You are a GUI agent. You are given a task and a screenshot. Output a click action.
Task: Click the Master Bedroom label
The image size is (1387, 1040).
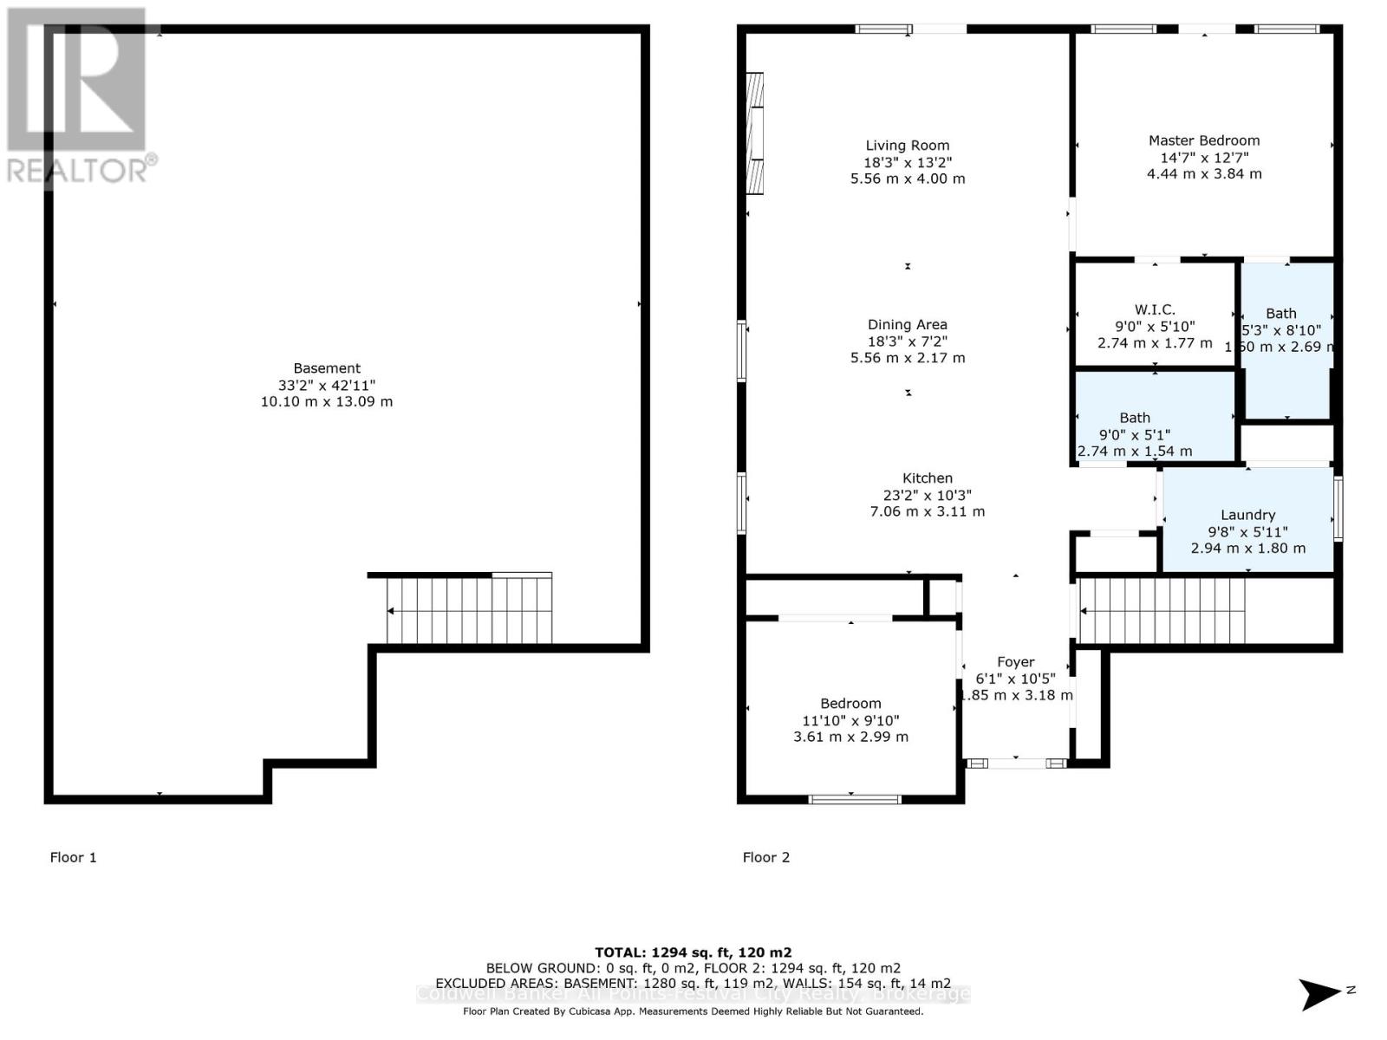(x=1204, y=140)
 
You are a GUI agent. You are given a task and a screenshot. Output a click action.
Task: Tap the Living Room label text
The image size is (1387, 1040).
(x=908, y=146)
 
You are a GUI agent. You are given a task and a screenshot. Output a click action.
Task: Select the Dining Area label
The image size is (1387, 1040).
(x=908, y=325)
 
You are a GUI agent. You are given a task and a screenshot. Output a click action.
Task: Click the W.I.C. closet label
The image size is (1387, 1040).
(x=1155, y=309)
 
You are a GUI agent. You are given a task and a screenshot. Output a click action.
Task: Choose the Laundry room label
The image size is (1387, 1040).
(x=1247, y=515)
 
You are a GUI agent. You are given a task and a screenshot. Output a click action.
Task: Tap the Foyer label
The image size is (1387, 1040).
(x=1015, y=662)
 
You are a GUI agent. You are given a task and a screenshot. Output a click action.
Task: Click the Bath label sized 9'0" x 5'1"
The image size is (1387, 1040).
(x=1135, y=418)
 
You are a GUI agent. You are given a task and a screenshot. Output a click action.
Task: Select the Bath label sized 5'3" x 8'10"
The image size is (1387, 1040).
(x=1281, y=314)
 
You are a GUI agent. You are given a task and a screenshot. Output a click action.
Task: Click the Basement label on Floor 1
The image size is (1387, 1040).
(x=327, y=368)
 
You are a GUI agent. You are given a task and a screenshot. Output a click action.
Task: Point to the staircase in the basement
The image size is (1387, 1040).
(x=468, y=610)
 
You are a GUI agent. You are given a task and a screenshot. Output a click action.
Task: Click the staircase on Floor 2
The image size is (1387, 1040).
(x=1162, y=611)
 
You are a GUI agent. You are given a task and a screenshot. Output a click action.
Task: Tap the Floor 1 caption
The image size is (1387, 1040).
(x=74, y=857)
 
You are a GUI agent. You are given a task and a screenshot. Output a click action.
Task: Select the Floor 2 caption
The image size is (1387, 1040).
(x=766, y=857)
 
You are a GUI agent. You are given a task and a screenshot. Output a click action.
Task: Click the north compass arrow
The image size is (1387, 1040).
(x=1322, y=993)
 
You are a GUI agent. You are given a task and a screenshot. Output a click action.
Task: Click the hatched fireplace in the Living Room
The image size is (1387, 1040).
(x=756, y=133)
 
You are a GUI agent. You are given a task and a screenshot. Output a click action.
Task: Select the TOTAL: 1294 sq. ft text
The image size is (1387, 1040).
(x=693, y=952)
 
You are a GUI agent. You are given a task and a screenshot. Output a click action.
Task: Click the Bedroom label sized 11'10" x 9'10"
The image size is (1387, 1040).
(x=850, y=704)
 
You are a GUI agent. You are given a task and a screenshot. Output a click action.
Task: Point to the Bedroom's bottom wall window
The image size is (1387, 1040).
(x=854, y=798)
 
